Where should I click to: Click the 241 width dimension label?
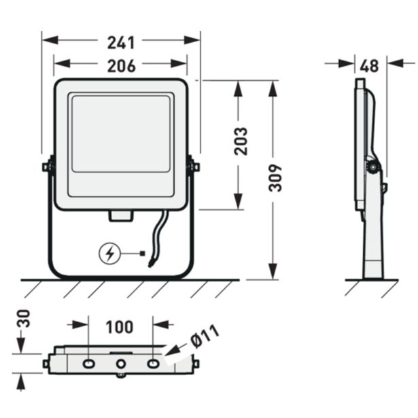click(120, 42)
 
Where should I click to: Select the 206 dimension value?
click(120, 65)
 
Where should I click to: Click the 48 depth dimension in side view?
click(370, 66)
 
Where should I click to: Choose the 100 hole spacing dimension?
click(120, 327)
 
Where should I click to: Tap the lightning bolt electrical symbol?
click(109, 254)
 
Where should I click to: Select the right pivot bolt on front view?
click(194, 166)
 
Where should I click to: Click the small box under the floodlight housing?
click(120, 216)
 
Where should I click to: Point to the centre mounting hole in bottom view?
click(120, 365)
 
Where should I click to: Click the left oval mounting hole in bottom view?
click(88, 365)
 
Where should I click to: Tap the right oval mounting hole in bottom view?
click(154, 365)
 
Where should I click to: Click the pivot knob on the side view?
click(373, 167)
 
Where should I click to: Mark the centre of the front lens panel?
click(120, 133)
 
